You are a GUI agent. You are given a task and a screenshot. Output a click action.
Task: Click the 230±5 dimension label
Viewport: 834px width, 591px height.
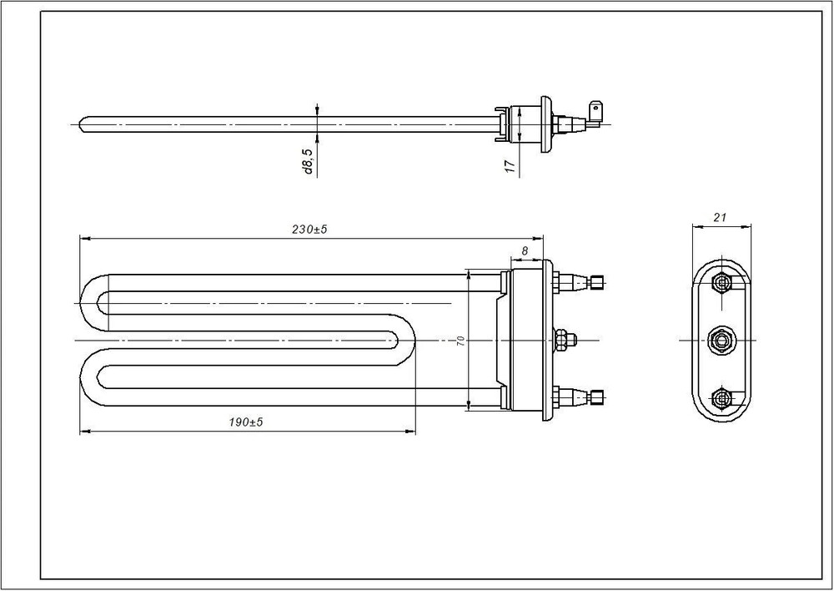click(309, 230)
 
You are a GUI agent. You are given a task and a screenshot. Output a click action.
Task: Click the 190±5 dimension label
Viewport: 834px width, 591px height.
click(246, 422)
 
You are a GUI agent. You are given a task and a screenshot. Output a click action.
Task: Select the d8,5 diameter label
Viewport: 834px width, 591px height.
click(308, 162)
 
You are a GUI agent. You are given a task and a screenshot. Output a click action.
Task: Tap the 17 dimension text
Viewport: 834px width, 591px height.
click(510, 165)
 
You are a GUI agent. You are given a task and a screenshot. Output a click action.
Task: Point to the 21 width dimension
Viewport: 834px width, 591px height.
click(720, 217)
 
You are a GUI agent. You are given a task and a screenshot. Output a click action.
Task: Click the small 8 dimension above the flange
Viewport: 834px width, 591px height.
click(525, 250)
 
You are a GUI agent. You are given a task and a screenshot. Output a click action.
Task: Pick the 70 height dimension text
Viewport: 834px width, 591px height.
click(460, 341)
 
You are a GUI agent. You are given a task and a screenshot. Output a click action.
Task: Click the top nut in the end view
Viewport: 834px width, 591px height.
click(721, 280)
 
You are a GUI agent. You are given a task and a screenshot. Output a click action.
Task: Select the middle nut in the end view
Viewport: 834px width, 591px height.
click(721, 340)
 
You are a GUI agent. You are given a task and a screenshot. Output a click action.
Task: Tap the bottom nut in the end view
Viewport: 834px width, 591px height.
click(721, 397)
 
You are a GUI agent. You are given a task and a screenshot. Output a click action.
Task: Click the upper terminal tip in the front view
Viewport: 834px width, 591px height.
click(597, 280)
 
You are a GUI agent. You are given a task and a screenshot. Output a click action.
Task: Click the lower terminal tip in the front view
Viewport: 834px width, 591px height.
click(597, 397)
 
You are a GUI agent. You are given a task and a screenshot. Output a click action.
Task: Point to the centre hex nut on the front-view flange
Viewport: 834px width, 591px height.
click(561, 340)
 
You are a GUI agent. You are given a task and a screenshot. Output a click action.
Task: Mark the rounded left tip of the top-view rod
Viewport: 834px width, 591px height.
click(82, 124)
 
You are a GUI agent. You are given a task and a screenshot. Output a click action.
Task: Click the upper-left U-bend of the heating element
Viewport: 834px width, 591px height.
click(95, 303)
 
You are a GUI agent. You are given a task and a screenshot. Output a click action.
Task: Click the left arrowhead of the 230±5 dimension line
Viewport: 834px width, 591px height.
click(85, 239)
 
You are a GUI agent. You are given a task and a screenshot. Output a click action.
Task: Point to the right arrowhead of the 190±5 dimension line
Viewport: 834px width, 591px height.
click(409, 430)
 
